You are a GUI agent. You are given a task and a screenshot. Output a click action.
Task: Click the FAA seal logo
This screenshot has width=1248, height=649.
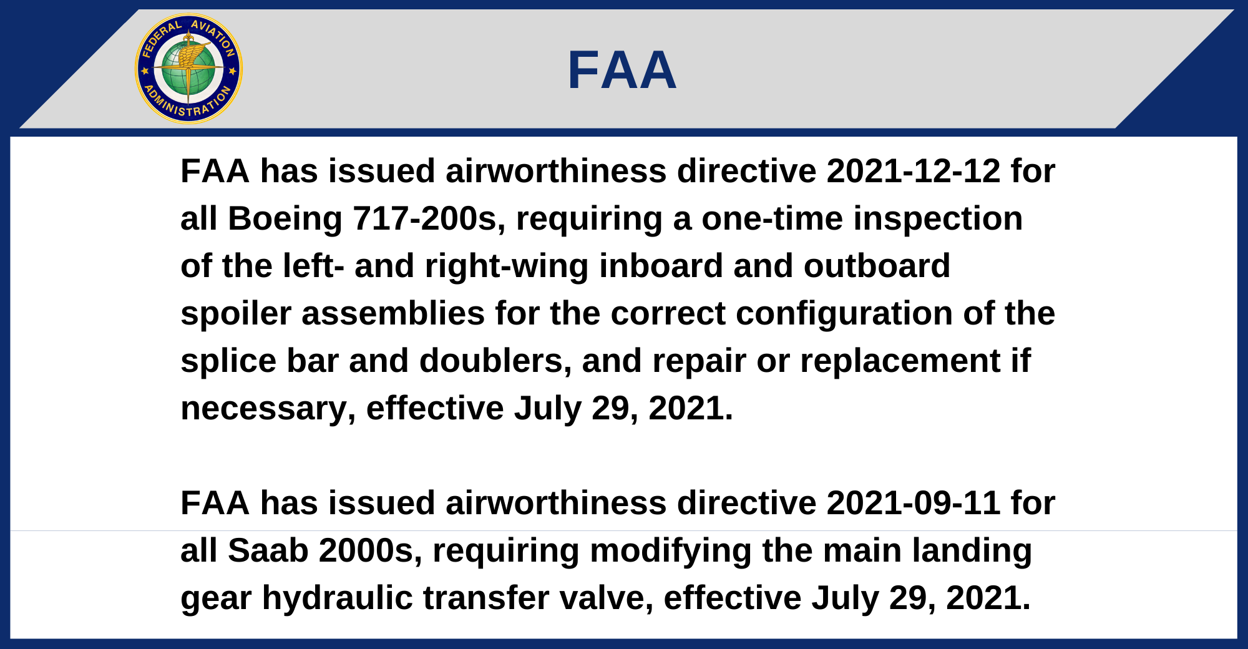188,69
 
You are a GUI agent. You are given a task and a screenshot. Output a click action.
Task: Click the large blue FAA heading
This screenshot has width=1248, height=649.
622,71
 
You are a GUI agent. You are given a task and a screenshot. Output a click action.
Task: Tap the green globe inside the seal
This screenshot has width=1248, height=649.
188,69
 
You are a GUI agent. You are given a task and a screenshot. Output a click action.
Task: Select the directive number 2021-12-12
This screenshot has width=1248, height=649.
914,171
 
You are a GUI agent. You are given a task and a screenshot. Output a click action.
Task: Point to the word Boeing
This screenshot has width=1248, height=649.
285,220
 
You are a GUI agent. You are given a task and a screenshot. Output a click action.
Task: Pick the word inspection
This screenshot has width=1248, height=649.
938,220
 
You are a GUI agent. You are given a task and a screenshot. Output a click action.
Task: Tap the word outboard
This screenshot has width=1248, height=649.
877,266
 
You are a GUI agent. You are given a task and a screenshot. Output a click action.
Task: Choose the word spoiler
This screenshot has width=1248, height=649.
236,314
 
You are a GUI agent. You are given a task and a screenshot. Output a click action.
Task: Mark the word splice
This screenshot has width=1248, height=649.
228,361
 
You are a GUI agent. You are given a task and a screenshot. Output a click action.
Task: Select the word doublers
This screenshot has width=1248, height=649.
495,361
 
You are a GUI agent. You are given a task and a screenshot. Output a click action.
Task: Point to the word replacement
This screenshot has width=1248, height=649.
900,361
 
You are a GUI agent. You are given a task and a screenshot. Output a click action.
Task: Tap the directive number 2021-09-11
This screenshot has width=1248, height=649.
914,503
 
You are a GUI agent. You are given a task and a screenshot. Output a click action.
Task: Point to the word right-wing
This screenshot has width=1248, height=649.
507,266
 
